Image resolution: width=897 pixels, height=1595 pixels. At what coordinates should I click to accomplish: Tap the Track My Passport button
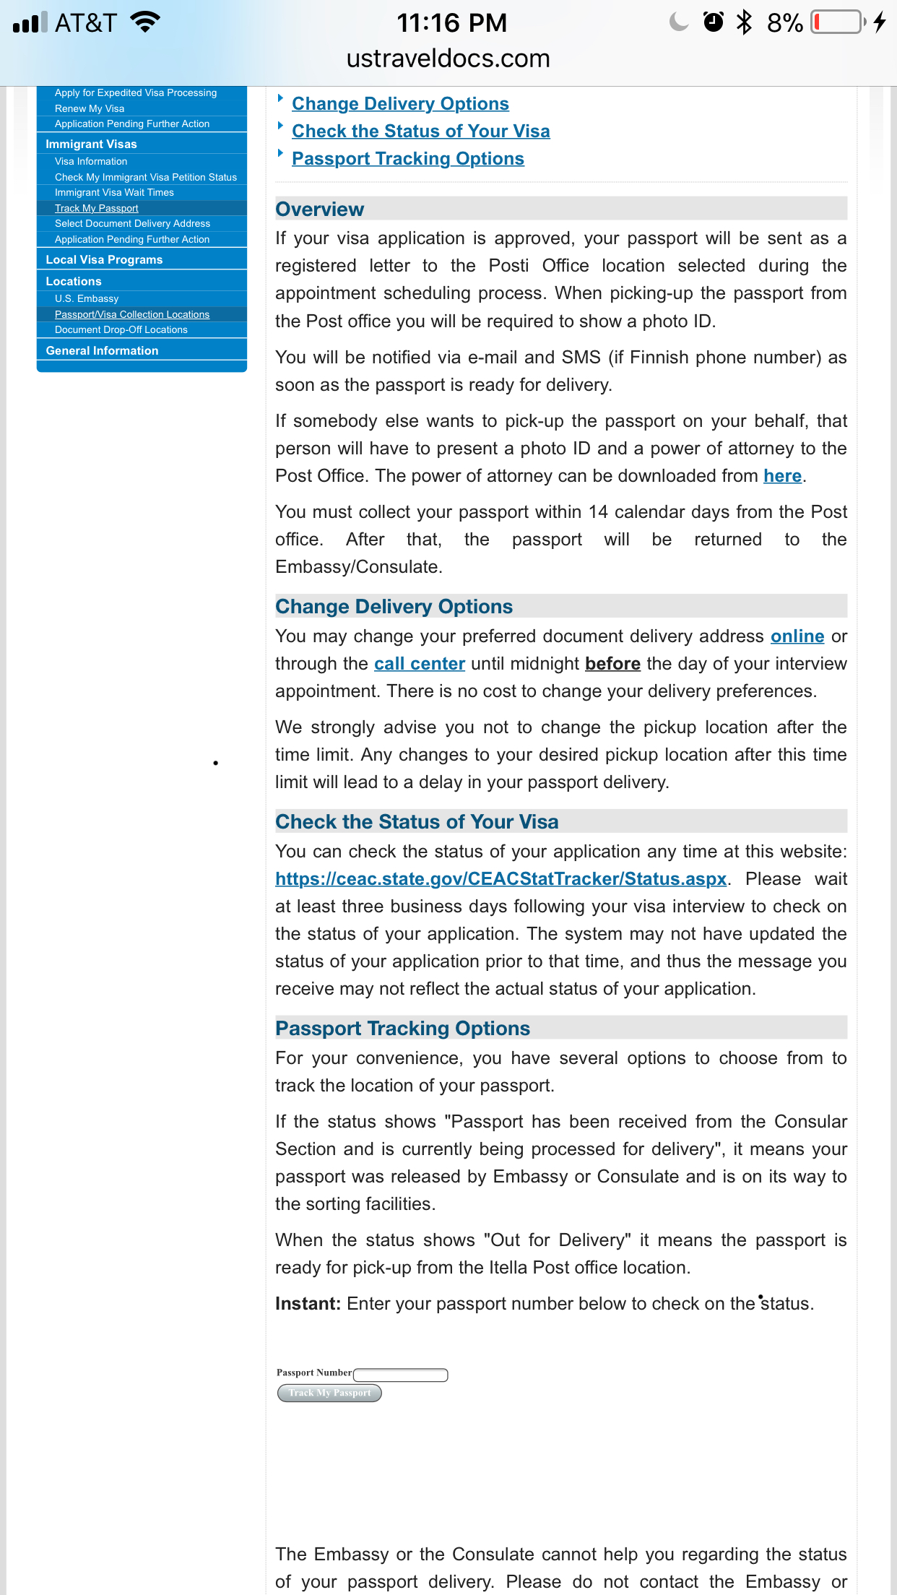point(329,1393)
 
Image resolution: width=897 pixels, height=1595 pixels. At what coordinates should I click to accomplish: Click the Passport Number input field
point(401,1374)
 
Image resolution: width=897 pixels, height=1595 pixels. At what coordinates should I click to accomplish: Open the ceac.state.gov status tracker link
point(500,879)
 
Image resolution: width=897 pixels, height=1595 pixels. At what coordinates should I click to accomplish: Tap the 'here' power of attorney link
point(782,476)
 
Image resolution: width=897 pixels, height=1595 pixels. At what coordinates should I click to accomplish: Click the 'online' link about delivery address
point(797,636)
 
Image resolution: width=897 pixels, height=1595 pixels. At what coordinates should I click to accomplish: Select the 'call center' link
point(419,664)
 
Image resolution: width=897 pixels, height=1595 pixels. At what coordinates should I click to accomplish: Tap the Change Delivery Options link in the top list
point(400,104)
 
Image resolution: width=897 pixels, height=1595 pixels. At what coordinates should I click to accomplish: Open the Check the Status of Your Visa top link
point(420,131)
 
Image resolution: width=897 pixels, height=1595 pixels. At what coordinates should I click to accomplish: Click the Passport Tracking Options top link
point(407,159)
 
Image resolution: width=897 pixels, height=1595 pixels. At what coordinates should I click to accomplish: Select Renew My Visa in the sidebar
point(90,108)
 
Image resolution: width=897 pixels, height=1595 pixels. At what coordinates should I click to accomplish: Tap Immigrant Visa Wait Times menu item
point(114,193)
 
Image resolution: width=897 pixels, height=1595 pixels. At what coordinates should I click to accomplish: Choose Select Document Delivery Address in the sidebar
point(132,224)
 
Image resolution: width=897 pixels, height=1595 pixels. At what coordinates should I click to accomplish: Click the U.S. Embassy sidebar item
point(87,299)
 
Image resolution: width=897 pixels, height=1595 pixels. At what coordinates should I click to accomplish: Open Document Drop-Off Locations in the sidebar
point(121,330)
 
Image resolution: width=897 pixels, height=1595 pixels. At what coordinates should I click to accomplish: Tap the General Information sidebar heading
point(102,351)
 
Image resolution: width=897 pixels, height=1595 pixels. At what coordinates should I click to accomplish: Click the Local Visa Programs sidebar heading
point(104,260)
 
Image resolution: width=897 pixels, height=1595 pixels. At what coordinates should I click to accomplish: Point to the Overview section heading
point(320,209)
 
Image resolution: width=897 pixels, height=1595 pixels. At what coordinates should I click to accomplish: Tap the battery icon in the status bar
point(838,22)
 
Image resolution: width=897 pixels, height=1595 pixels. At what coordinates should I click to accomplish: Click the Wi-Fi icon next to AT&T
point(145,22)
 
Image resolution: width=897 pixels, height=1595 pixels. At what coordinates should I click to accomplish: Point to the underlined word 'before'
point(612,664)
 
